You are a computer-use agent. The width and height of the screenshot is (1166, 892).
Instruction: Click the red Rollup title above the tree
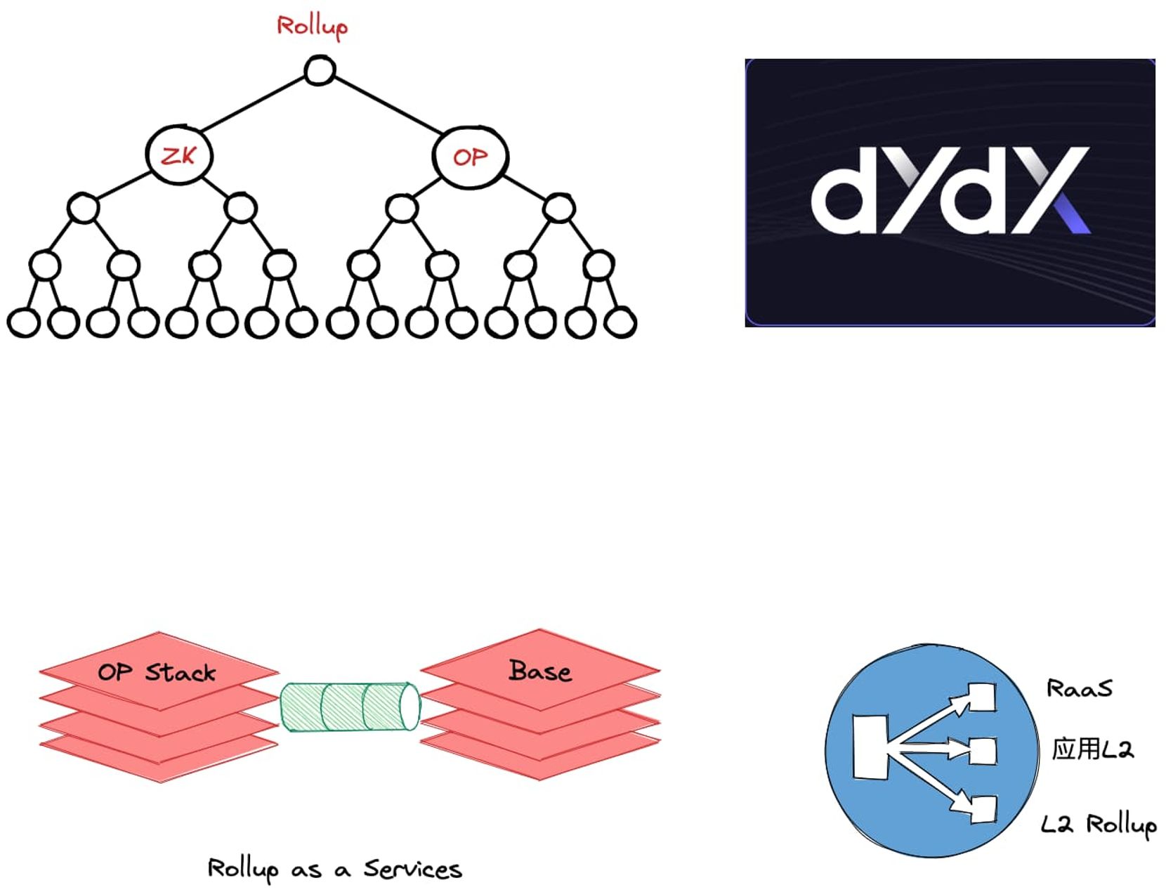(312, 27)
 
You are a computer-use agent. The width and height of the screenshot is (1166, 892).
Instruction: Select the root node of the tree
(320, 70)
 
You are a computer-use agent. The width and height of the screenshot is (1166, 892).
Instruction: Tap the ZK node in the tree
(178, 155)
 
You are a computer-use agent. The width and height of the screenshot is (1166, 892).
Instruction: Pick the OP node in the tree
(470, 157)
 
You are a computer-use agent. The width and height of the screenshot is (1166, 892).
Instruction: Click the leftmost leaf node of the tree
(23, 322)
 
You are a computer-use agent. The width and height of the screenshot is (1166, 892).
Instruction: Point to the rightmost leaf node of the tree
(620, 322)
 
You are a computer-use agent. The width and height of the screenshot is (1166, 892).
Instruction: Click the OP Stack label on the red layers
(157, 672)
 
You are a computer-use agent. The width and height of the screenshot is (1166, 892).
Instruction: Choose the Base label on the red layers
(539, 671)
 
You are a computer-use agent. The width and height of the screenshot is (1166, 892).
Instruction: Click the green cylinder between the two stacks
(350, 707)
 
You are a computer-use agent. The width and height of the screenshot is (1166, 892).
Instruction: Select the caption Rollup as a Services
(334, 870)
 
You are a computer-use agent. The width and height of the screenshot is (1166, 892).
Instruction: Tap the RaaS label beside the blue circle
(1080, 688)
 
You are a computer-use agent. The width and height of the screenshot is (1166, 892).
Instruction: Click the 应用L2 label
(1092, 749)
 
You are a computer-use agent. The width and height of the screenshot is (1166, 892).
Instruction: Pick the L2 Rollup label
(1099, 825)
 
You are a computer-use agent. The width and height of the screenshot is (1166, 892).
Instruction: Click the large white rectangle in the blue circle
(870, 747)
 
